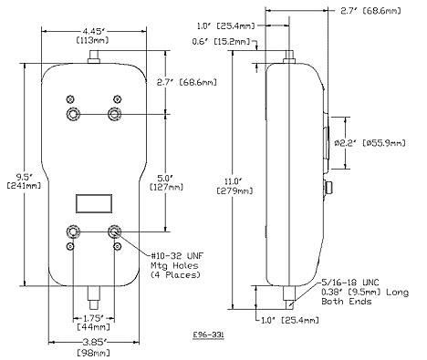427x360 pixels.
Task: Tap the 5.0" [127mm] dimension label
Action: coord(167,182)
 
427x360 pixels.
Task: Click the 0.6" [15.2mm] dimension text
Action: coord(221,41)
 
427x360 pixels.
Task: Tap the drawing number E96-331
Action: coord(209,334)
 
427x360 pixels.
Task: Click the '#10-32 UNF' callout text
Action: coord(177,255)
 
